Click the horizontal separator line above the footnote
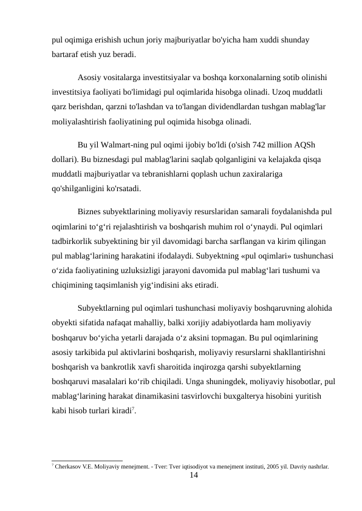point(87,461)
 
